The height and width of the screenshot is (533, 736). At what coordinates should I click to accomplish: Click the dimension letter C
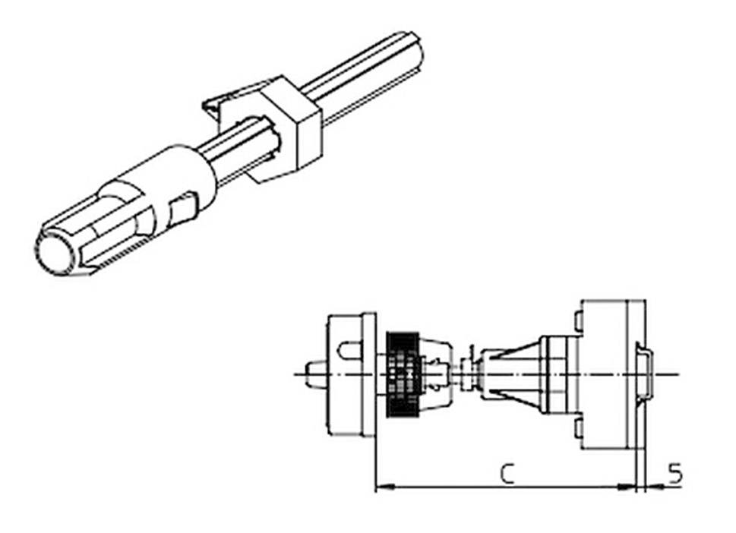coord(508,474)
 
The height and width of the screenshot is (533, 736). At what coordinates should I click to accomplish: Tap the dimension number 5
coord(674,474)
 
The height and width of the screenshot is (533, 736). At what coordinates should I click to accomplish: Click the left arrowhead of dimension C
coord(382,487)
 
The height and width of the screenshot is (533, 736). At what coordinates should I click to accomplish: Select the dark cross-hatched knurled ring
coord(403,374)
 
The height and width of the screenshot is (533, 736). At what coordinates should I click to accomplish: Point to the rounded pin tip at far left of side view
coord(312,374)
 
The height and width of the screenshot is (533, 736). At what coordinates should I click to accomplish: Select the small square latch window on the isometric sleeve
coord(182,208)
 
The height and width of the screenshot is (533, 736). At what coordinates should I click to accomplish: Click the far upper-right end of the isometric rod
coord(414,46)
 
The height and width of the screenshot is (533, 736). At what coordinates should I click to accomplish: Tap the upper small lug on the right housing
coord(579,322)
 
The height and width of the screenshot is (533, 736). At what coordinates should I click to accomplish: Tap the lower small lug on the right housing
coord(579,428)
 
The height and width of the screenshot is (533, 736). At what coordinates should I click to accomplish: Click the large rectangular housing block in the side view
coord(604,374)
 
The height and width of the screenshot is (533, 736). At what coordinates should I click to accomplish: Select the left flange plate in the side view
coord(368,374)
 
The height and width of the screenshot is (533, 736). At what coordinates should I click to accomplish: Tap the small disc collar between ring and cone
coord(466,374)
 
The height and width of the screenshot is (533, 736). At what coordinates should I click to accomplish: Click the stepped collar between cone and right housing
coord(554,374)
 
